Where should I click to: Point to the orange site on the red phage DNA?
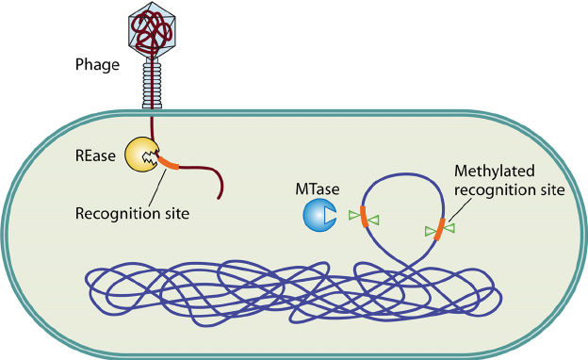167,164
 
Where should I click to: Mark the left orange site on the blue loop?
362,218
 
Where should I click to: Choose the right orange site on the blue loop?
439,229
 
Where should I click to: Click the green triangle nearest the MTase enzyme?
353,216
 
